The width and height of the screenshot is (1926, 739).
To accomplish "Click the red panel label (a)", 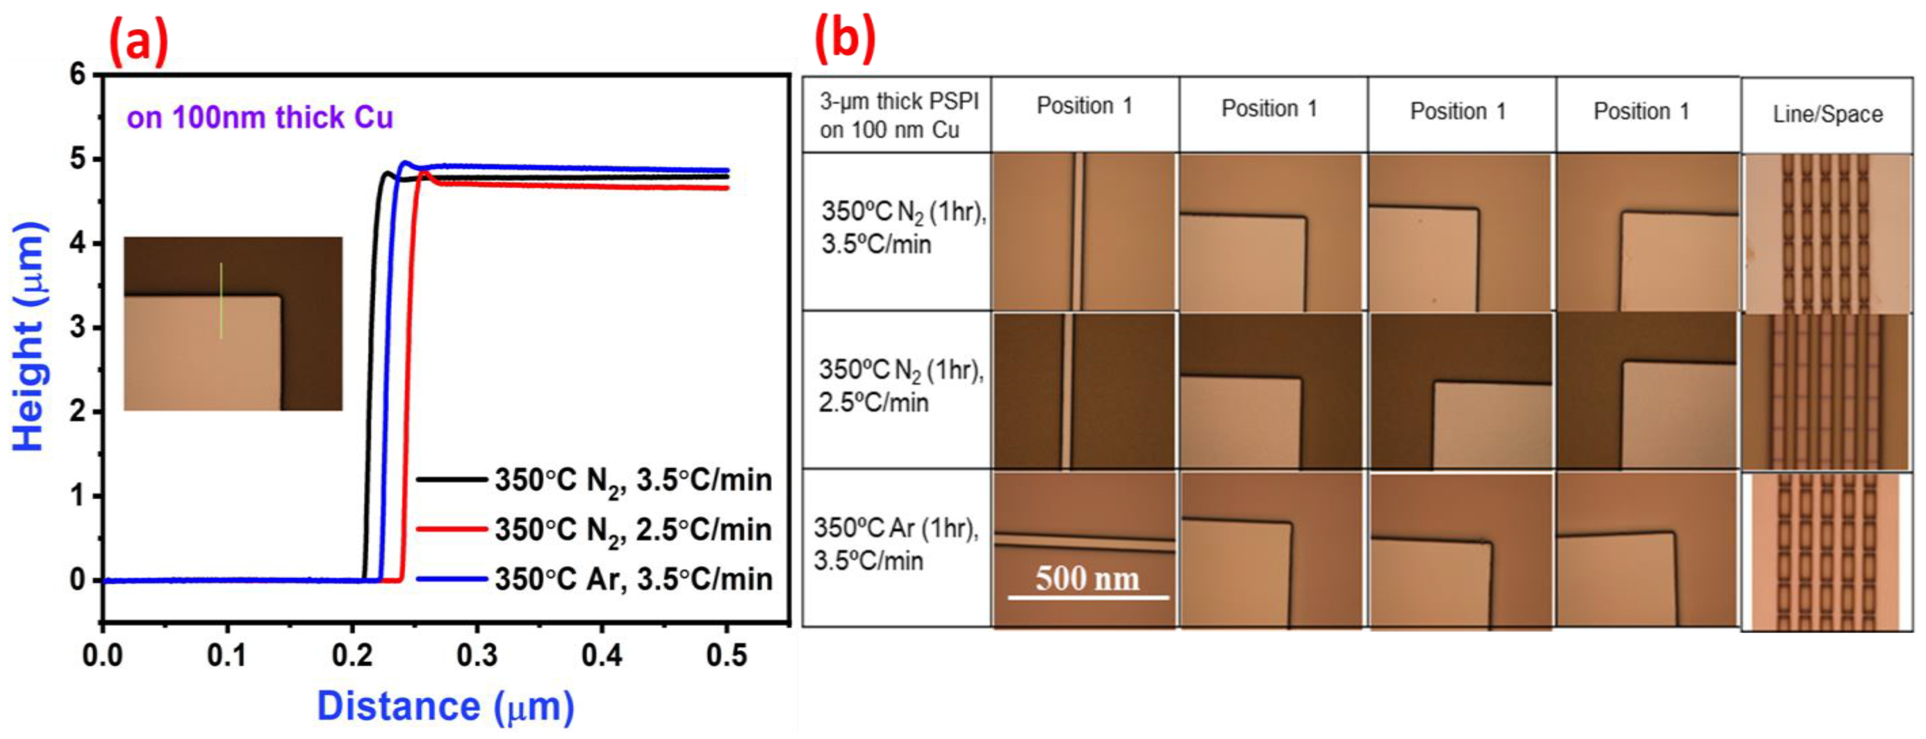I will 138,43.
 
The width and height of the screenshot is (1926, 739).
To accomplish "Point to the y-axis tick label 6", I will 78,74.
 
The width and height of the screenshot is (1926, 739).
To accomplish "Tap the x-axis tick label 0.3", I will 477,655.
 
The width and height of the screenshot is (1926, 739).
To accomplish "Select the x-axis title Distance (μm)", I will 446,706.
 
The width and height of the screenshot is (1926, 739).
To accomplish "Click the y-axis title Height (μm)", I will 30,336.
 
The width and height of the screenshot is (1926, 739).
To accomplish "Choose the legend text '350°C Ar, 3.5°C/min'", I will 632,579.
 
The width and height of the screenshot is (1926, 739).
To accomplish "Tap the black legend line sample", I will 452,479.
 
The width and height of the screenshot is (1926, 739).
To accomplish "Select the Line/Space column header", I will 1827,114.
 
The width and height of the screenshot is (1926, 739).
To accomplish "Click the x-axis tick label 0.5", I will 726,655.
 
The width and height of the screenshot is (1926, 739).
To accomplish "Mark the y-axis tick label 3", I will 78,327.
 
